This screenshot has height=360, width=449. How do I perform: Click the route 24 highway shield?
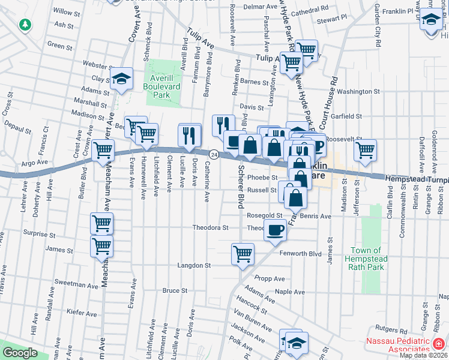tap(213, 154)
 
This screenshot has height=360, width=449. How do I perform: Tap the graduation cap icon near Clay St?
tap(122, 79)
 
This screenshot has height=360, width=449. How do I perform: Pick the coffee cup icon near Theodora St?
tap(276, 230)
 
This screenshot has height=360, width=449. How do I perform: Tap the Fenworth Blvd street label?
tap(308, 254)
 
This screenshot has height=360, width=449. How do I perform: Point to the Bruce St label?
tap(175, 290)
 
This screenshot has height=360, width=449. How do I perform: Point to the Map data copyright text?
tap(423, 355)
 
